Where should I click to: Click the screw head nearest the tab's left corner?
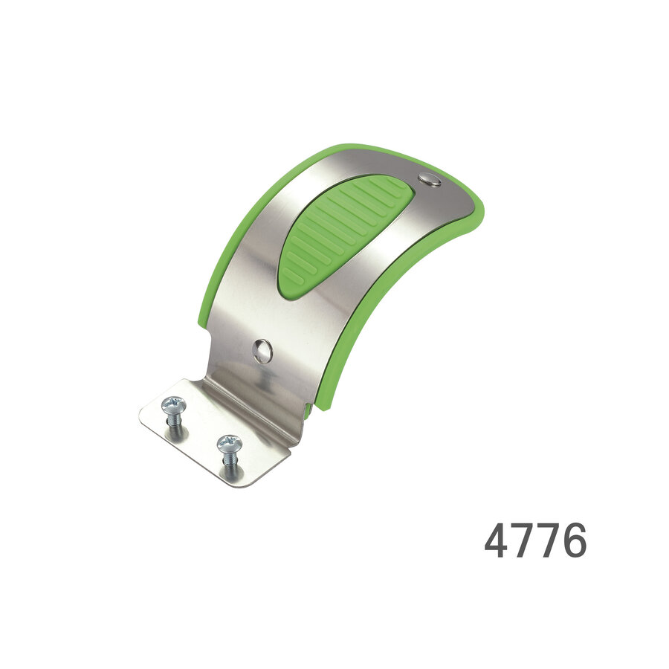(173, 405)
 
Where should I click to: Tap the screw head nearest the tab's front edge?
(229, 445)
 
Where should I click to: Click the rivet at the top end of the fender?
(429, 179)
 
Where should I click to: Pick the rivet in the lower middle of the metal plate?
(262, 350)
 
